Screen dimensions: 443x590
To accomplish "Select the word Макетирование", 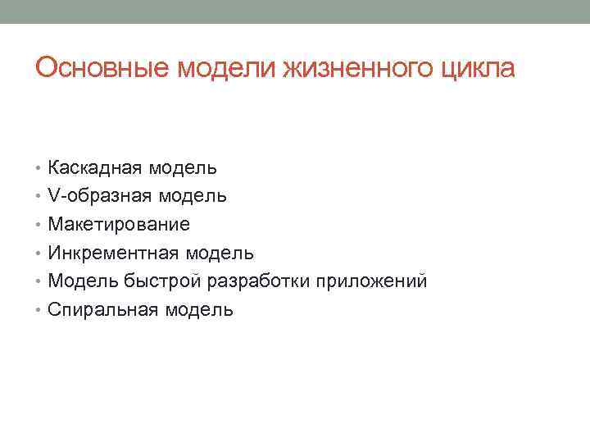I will point(119,225).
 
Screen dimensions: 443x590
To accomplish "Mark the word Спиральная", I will point(103,309).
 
